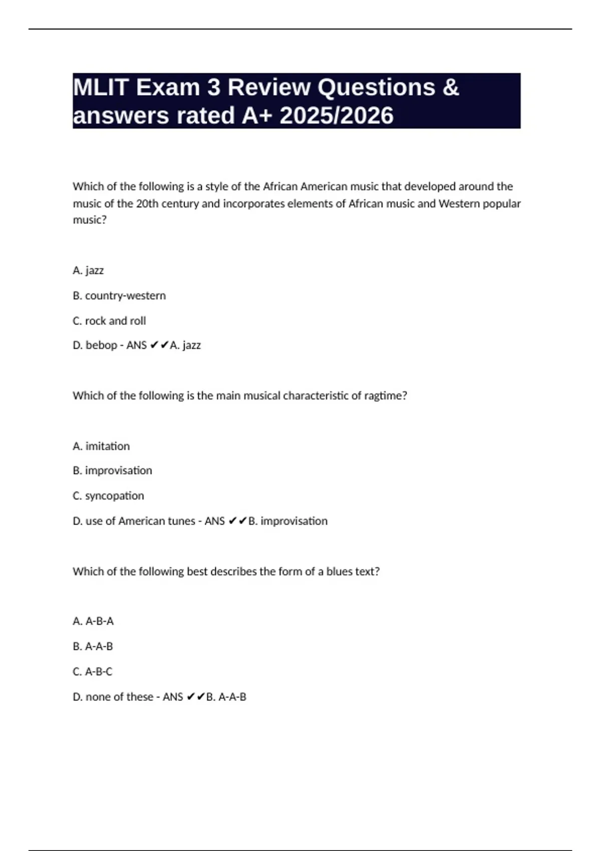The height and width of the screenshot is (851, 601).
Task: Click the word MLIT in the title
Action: coord(101,88)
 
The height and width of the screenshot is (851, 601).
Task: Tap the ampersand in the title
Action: coord(451,88)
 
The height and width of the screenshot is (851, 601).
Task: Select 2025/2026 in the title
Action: coord(337,116)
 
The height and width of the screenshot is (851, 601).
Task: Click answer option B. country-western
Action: coord(119,296)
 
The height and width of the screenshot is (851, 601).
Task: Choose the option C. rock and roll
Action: coord(109,321)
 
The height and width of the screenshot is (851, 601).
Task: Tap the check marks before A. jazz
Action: coord(159,345)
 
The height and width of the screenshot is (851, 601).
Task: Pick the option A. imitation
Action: coord(101,446)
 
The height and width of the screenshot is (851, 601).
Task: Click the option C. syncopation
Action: coord(108,496)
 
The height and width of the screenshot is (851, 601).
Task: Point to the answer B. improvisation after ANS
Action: coord(288,521)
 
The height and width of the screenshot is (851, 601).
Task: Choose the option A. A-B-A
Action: coord(93,621)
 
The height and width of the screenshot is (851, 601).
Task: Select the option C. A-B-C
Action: coord(93,672)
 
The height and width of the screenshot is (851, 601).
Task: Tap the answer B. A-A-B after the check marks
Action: coord(226,697)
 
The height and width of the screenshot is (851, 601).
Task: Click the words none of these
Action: coord(119,697)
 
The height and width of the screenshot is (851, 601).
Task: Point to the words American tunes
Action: coord(157,521)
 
